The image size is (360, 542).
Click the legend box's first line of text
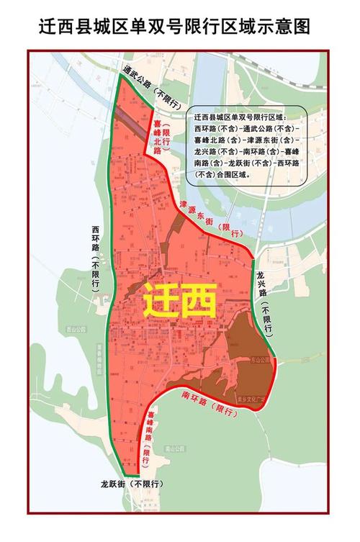coord(239,117)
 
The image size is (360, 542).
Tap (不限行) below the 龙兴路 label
coord(267,318)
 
